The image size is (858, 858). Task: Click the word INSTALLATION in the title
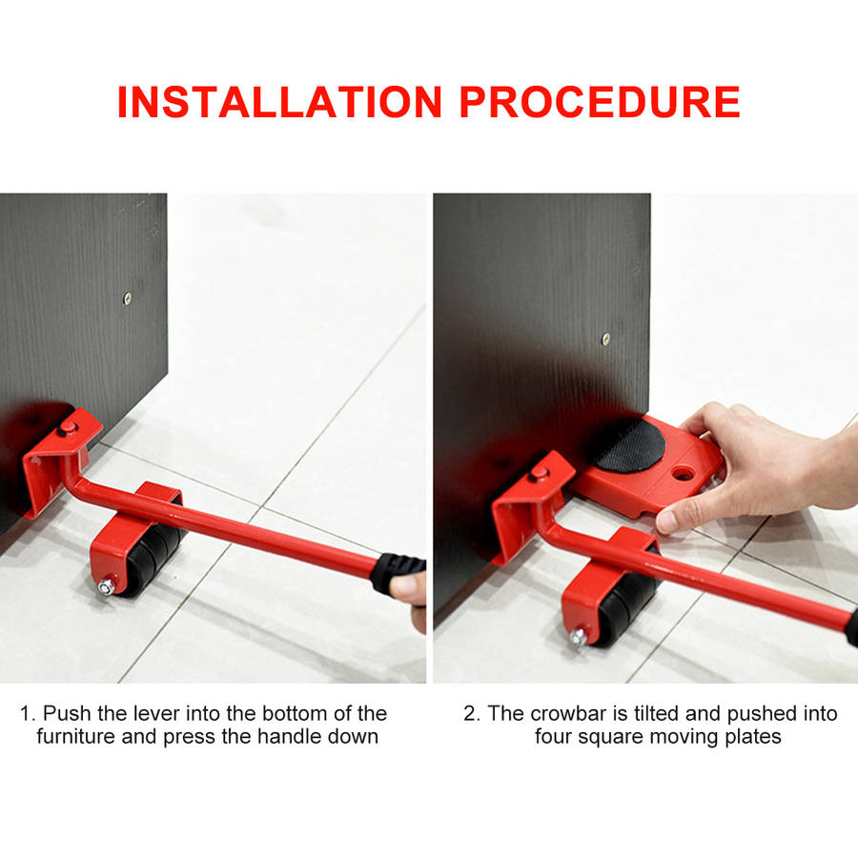279,102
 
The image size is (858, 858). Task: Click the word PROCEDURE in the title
600,102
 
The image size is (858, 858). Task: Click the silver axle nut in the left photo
106,587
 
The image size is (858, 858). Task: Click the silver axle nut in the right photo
578,637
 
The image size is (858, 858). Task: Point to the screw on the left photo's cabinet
127,298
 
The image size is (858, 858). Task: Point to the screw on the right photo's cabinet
605,339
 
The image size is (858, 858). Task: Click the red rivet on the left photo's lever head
68,427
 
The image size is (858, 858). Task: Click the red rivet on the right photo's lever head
538,473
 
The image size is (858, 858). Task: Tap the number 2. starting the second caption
472,713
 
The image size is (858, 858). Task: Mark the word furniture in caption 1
76,737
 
